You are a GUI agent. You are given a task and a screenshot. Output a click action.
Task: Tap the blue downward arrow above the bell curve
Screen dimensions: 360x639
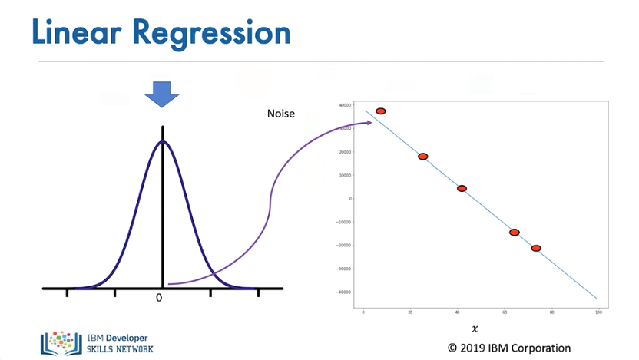(x=162, y=95)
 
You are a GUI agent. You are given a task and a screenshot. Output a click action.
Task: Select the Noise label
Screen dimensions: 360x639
(x=280, y=114)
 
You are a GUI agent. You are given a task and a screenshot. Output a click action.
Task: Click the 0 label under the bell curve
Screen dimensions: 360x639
(x=159, y=298)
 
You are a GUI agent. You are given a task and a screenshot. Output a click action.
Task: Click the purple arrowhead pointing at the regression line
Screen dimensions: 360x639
(x=369, y=122)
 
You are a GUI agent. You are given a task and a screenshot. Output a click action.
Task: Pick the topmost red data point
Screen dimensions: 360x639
(x=380, y=111)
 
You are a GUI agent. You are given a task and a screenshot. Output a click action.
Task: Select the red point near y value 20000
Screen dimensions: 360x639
(x=422, y=157)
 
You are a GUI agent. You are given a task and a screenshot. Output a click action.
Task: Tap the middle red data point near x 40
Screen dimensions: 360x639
(x=462, y=188)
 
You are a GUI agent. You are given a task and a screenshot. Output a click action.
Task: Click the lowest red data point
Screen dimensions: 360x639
(x=536, y=248)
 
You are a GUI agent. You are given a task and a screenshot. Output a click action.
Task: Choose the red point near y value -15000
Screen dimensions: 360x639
(x=514, y=232)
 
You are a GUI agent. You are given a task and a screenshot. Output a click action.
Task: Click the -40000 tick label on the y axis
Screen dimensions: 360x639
(x=344, y=292)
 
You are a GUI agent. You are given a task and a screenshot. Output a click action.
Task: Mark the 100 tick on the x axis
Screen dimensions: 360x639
(x=598, y=312)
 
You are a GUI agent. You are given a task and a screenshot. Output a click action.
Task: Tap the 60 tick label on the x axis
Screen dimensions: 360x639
(x=504, y=312)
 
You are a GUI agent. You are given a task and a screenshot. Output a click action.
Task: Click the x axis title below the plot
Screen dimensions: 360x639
(x=475, y=329)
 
